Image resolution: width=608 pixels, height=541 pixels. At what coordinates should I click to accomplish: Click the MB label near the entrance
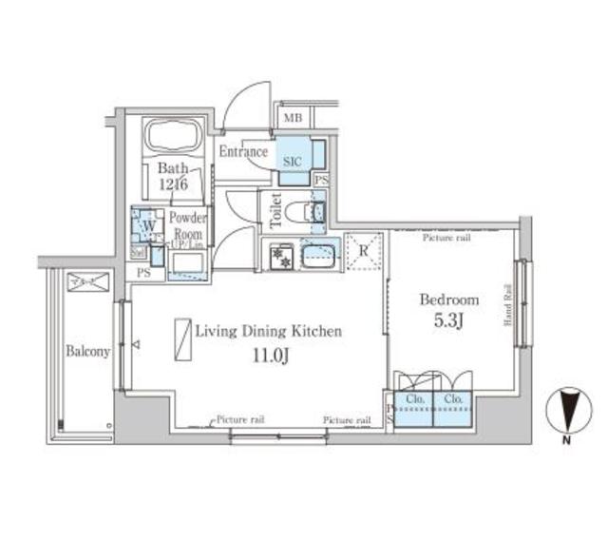[291, 119]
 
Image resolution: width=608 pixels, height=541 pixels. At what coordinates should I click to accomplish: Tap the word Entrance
[243, 151]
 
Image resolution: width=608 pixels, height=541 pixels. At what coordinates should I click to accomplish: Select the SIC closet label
[292, 162]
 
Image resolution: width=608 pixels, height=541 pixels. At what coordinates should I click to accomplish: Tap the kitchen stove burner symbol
[281, 256]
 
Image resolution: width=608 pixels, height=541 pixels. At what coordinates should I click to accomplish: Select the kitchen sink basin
[318, 256]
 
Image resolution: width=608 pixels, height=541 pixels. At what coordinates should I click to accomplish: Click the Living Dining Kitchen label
[267, 331]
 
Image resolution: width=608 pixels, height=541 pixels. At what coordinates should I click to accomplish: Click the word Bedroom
[449, 299]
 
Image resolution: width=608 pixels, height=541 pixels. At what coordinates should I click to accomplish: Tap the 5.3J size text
[450, 321]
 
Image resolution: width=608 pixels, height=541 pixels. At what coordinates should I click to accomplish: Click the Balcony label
[88, 351]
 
